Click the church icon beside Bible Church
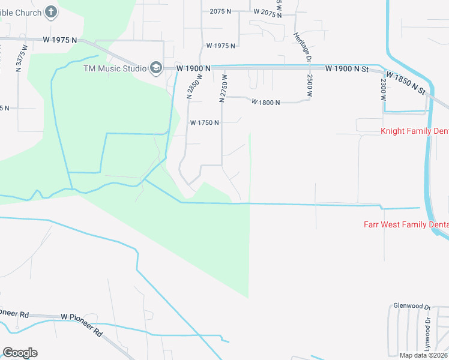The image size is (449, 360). [x=51, y=11]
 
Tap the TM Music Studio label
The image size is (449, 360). [x=115, y=68]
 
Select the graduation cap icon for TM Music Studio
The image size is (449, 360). [x=156, y=67]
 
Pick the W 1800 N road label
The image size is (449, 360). [x=266, y=103]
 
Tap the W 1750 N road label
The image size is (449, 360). [x=205, y=122]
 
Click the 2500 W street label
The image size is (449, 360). [x=310, y=85]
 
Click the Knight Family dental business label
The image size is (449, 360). [x=415, y=130]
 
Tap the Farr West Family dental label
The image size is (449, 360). [x=406, y=225]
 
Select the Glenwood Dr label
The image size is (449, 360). [x=411, y=306]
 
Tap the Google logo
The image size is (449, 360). [x=20, y=353]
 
